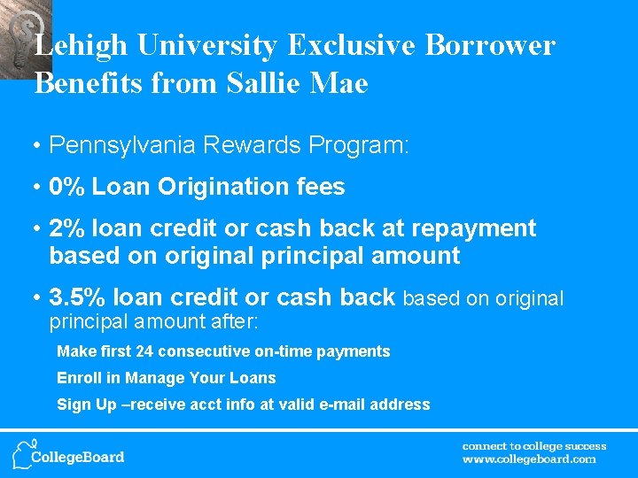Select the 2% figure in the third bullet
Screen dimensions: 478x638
pos(66,228)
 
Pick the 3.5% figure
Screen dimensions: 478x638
pos(76,298)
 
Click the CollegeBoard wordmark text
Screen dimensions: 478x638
pos(78,458)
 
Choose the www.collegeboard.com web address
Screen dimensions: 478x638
pos(529,459)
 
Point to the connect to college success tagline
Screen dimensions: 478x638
pos(534,446)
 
